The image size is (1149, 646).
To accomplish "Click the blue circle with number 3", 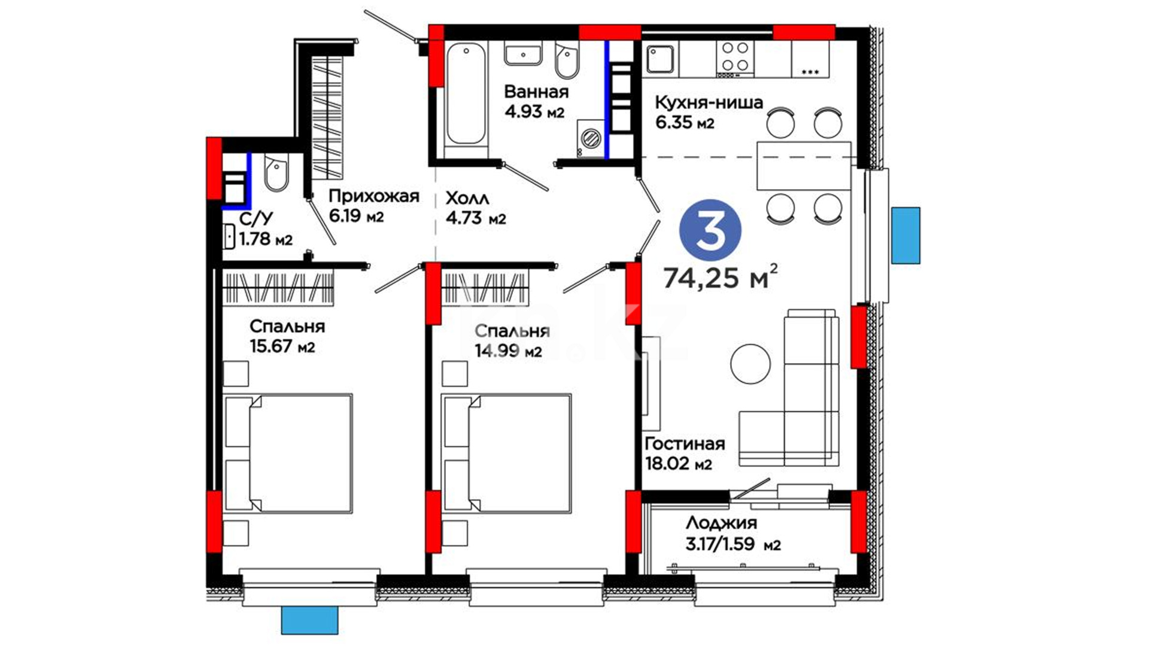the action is [x=710, y=230].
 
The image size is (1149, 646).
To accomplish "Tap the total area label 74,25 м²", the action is [x=721, y=277].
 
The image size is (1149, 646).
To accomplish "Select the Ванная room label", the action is [x=536, y=92].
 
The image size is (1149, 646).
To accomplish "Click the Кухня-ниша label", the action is [x=709, y=102].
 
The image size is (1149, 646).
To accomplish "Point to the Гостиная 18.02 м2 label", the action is [x=685, y=453].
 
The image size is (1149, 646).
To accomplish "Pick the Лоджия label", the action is [x=721, y=523].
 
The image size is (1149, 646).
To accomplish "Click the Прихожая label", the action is [x=374, y=196].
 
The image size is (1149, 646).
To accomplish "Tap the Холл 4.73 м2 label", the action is [x=476, y=208].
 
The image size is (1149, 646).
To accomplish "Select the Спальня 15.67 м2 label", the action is [x=287, y=336].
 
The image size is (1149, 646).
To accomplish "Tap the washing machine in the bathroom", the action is [x=591, y=138].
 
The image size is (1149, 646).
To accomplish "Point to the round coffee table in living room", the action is [x=750, y=364].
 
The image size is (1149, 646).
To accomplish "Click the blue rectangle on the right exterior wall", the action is [x=905, y=236].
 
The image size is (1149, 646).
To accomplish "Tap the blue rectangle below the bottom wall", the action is [x=310, y=620].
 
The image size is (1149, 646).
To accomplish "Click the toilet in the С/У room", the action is [x=276, y=173].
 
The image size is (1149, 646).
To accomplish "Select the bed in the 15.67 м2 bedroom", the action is [x=287, y=453].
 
